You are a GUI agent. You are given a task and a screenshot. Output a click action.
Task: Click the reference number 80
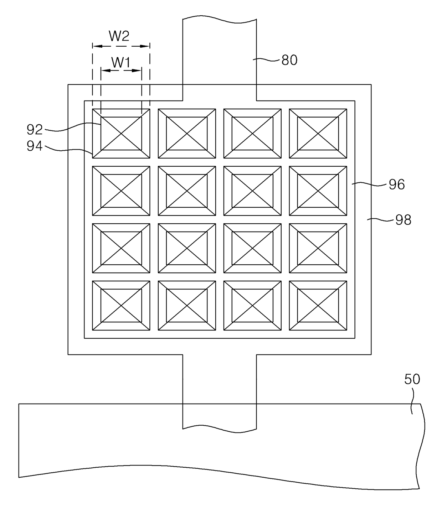[289, 60]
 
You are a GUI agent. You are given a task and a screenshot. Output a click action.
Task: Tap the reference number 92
[35, 130]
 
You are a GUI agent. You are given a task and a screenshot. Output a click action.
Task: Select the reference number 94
[35, 146]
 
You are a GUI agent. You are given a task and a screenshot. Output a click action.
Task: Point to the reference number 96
[396, 185]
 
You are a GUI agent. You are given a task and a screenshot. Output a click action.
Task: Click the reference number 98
[403, 220]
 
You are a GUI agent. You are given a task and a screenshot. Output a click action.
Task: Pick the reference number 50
[412, 379]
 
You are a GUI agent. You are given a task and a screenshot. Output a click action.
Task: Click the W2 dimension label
[119, 36]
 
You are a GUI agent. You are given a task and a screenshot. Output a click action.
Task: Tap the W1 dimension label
[121, 63]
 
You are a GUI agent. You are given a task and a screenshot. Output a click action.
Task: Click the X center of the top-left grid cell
[121, 134]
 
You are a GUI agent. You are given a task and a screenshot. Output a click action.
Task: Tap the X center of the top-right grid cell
[318, 134]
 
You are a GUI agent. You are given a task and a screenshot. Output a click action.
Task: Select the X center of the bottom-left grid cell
[121, 306]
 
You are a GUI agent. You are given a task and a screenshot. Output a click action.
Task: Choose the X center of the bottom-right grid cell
[318, 306]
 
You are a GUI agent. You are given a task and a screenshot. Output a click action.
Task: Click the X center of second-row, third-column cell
[252, 191]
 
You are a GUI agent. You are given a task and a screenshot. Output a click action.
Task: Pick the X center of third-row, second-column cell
[187, 248]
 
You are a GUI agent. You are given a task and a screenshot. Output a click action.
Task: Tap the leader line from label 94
[68, 150]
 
